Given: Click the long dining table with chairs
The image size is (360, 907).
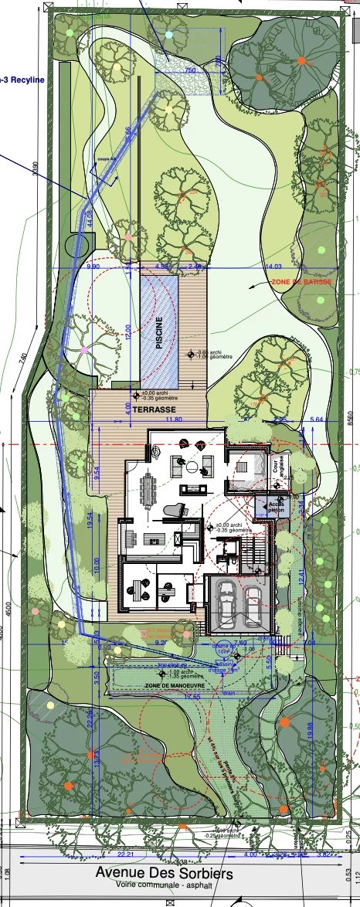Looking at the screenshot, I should pyautogui.click(x=148, y=491).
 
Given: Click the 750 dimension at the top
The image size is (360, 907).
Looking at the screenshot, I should pyautogui.click(x=189, y=70).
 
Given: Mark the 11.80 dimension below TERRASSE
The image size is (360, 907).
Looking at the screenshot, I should pyautogui.click(x=152, y=420).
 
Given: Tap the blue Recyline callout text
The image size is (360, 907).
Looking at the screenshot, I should pyautogui.click(x=22, y=80).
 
